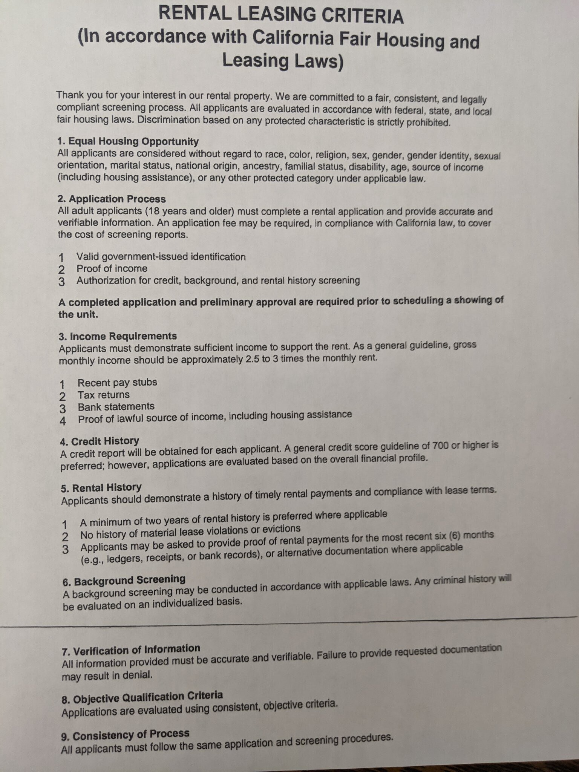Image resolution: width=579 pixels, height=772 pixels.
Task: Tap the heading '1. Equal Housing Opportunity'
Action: (128, 141)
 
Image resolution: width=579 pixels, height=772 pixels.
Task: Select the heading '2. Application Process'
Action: (112, 199)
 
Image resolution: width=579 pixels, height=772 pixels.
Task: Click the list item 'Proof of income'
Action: (112, 268)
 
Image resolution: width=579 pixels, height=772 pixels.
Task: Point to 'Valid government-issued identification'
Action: (161, 257)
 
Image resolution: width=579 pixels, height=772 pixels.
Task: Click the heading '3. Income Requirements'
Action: (118, 336)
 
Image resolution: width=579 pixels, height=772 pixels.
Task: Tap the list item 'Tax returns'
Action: (104, 395)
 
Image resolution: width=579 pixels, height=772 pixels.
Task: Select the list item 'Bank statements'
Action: (116, 406)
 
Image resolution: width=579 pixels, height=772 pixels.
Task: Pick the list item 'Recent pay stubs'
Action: (117, 382)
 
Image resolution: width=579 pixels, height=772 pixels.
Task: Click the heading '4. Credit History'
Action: (100, 441)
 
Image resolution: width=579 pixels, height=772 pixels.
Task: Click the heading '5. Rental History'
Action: (101, 488)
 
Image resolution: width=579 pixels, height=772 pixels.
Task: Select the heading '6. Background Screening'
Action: (124, 581)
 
